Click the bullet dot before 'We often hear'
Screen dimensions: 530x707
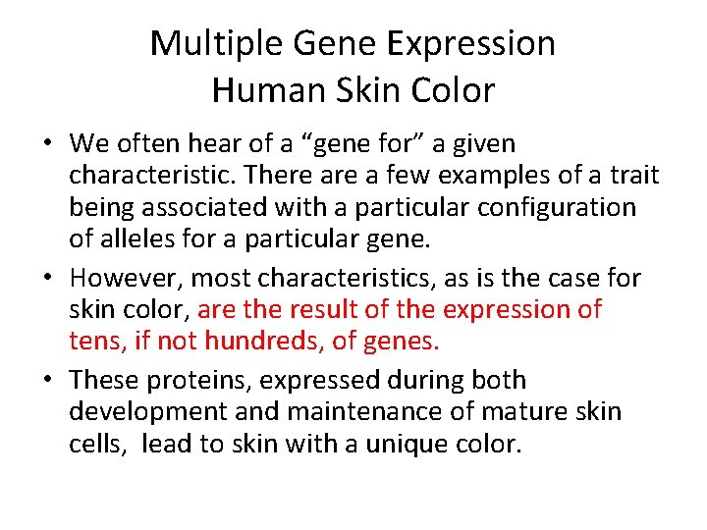click(48, 145)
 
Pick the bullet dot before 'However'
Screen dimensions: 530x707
click(48, 279)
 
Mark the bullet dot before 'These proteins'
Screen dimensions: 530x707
click(48, 381)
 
